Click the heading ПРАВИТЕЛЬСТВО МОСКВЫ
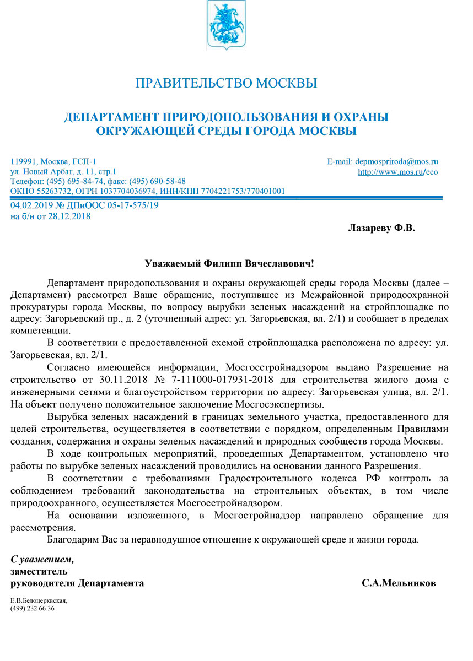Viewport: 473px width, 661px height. (226, 84)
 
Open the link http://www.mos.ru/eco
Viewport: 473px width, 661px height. (397, 172)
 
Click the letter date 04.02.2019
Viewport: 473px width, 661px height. (30, 206)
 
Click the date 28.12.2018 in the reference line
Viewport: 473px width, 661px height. (72, 216)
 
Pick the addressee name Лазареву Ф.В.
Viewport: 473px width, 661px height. (381, 227)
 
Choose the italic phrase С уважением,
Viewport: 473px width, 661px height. (42, 560)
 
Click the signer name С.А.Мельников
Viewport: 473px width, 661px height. (399, 583)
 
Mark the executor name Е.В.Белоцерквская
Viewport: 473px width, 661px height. (39, 600)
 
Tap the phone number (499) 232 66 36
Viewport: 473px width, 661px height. (32, 608)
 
